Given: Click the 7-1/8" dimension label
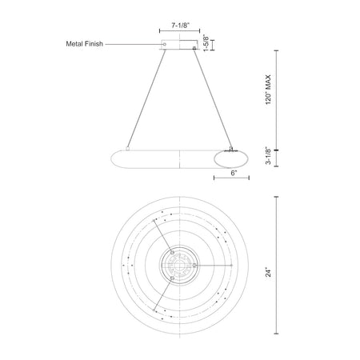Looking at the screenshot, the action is (x=180, y=26).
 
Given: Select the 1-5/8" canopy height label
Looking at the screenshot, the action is (x=206, y=43).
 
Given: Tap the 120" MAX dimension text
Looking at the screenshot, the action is (x=268, y=90).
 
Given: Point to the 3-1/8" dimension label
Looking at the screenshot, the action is (x=268, y=155).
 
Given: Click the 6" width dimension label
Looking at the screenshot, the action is (x=234, y=173).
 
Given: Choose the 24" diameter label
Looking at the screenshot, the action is (x=268, y=273).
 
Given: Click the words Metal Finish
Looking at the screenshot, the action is (x=85, y=44).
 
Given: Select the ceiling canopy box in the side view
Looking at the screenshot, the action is (x=179, y=45).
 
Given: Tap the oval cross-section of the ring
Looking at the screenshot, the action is (x=230, y=159).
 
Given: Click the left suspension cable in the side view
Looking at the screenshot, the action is (x=146, y=98).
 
